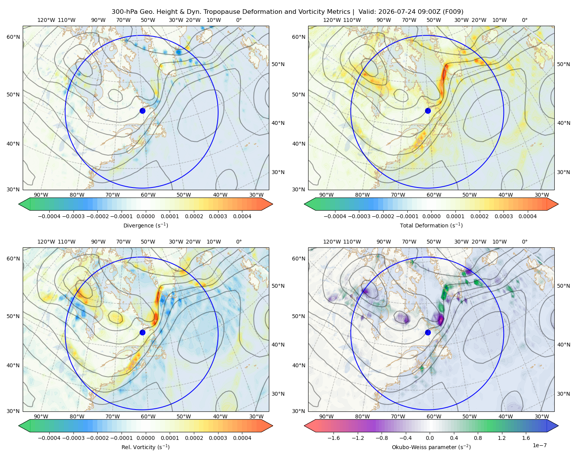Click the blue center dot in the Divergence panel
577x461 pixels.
coord(142,111)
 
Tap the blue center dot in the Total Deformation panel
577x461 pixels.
coord(428,111)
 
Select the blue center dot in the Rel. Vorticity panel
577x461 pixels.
coord(142,332)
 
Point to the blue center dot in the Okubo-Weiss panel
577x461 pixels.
coord(428,332)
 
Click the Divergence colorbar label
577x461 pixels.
coord(145,225)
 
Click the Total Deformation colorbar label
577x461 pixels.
coord(431,225)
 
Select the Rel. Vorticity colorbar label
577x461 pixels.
coord(145,447)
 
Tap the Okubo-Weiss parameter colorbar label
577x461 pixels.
coord(431,447)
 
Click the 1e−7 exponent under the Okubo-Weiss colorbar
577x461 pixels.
coord(539,445)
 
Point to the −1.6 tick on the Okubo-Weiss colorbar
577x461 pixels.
coord(334,438)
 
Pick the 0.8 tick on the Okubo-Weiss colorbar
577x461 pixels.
coord(478,438)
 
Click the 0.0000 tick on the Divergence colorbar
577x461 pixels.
coord(145,216)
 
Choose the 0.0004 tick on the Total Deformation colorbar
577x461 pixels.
coord(528,216)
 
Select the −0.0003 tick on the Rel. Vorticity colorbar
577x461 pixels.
coord(73,438)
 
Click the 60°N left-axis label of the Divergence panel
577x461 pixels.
coord(13,37)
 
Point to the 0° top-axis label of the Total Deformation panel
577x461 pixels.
coord(524,20)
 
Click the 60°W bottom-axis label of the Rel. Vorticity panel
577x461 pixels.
coord(148,416)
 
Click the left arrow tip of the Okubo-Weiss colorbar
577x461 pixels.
coord(304,426)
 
